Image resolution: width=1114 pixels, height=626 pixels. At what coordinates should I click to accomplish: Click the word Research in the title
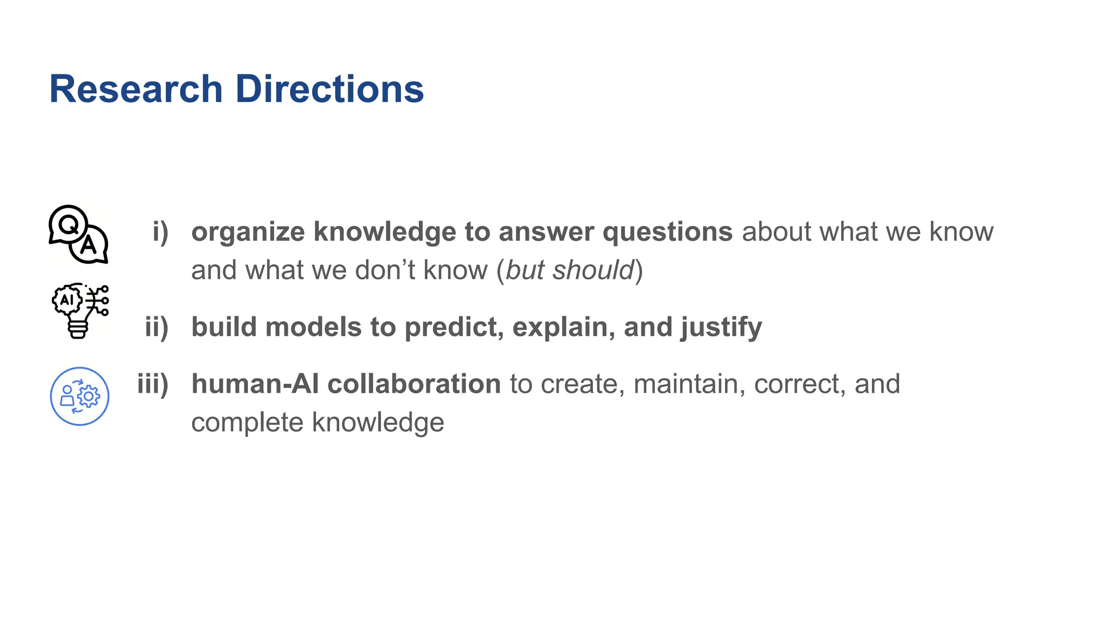[x=136, y=89]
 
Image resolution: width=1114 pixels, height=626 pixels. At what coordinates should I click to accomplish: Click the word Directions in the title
[x=329, y=89]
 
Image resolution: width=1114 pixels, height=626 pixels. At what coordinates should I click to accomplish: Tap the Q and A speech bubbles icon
[x=78, y=235]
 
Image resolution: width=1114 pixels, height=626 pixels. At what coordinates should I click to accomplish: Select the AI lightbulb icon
[x=80, y=310]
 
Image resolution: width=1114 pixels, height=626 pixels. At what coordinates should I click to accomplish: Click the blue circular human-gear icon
[x=79, y=396]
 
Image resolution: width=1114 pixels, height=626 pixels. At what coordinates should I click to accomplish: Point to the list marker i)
[x=160, y=232]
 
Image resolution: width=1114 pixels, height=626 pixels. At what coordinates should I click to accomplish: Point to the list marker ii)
[x=157, y=327]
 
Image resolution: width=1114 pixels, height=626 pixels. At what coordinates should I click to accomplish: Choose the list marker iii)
[x=153, y=384]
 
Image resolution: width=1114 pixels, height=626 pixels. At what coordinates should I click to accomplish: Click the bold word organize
[x=248, y=233]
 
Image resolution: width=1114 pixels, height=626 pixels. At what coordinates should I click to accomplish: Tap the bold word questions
[x=667, y=232]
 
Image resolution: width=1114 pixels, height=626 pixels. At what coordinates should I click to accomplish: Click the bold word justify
[x=721, y=328]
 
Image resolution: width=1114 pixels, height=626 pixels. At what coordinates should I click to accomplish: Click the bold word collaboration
[x=414, y=384]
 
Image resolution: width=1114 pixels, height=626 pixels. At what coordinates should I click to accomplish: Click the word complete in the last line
[x=247, y=423]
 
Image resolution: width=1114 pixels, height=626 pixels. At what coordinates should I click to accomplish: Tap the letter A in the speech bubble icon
[x=88, y=246]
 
